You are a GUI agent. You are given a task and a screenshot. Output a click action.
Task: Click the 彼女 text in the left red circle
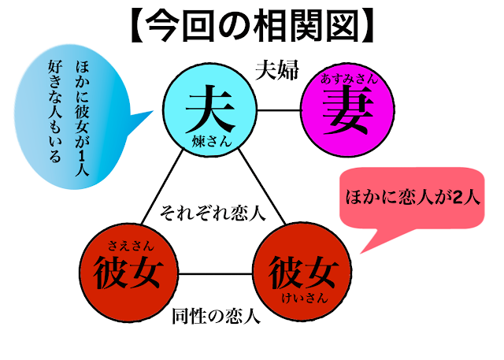[x=128, y=273]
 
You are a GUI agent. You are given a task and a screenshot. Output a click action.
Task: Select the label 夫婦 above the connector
[x=276, y=70]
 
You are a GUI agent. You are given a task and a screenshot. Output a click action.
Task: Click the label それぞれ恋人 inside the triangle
[x=212, y=212]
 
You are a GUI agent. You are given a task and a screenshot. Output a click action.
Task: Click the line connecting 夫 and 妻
[x=281, y=109]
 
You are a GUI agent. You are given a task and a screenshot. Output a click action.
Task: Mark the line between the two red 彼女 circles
[x=215, y=274]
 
